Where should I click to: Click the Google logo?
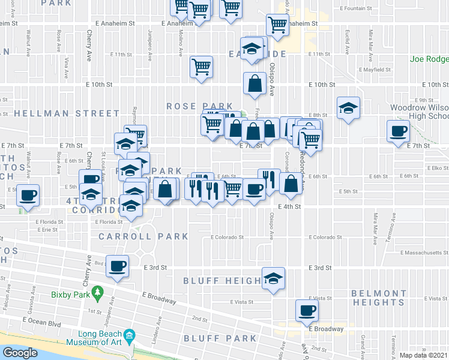[20, 352]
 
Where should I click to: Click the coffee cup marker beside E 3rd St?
[118, 266]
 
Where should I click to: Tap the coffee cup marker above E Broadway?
[307, 311]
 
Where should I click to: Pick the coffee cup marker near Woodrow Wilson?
[397, 131]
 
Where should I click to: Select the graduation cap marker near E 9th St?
[348, 108]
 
